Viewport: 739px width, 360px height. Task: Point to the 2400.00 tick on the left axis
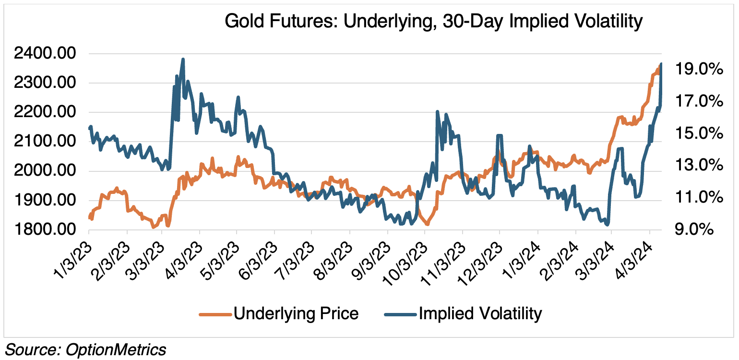45,54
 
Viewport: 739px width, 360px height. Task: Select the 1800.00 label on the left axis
45,230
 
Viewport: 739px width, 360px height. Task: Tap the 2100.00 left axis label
45,142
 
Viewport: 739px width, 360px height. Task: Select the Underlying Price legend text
296,314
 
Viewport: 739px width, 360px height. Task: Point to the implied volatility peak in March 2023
183,60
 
